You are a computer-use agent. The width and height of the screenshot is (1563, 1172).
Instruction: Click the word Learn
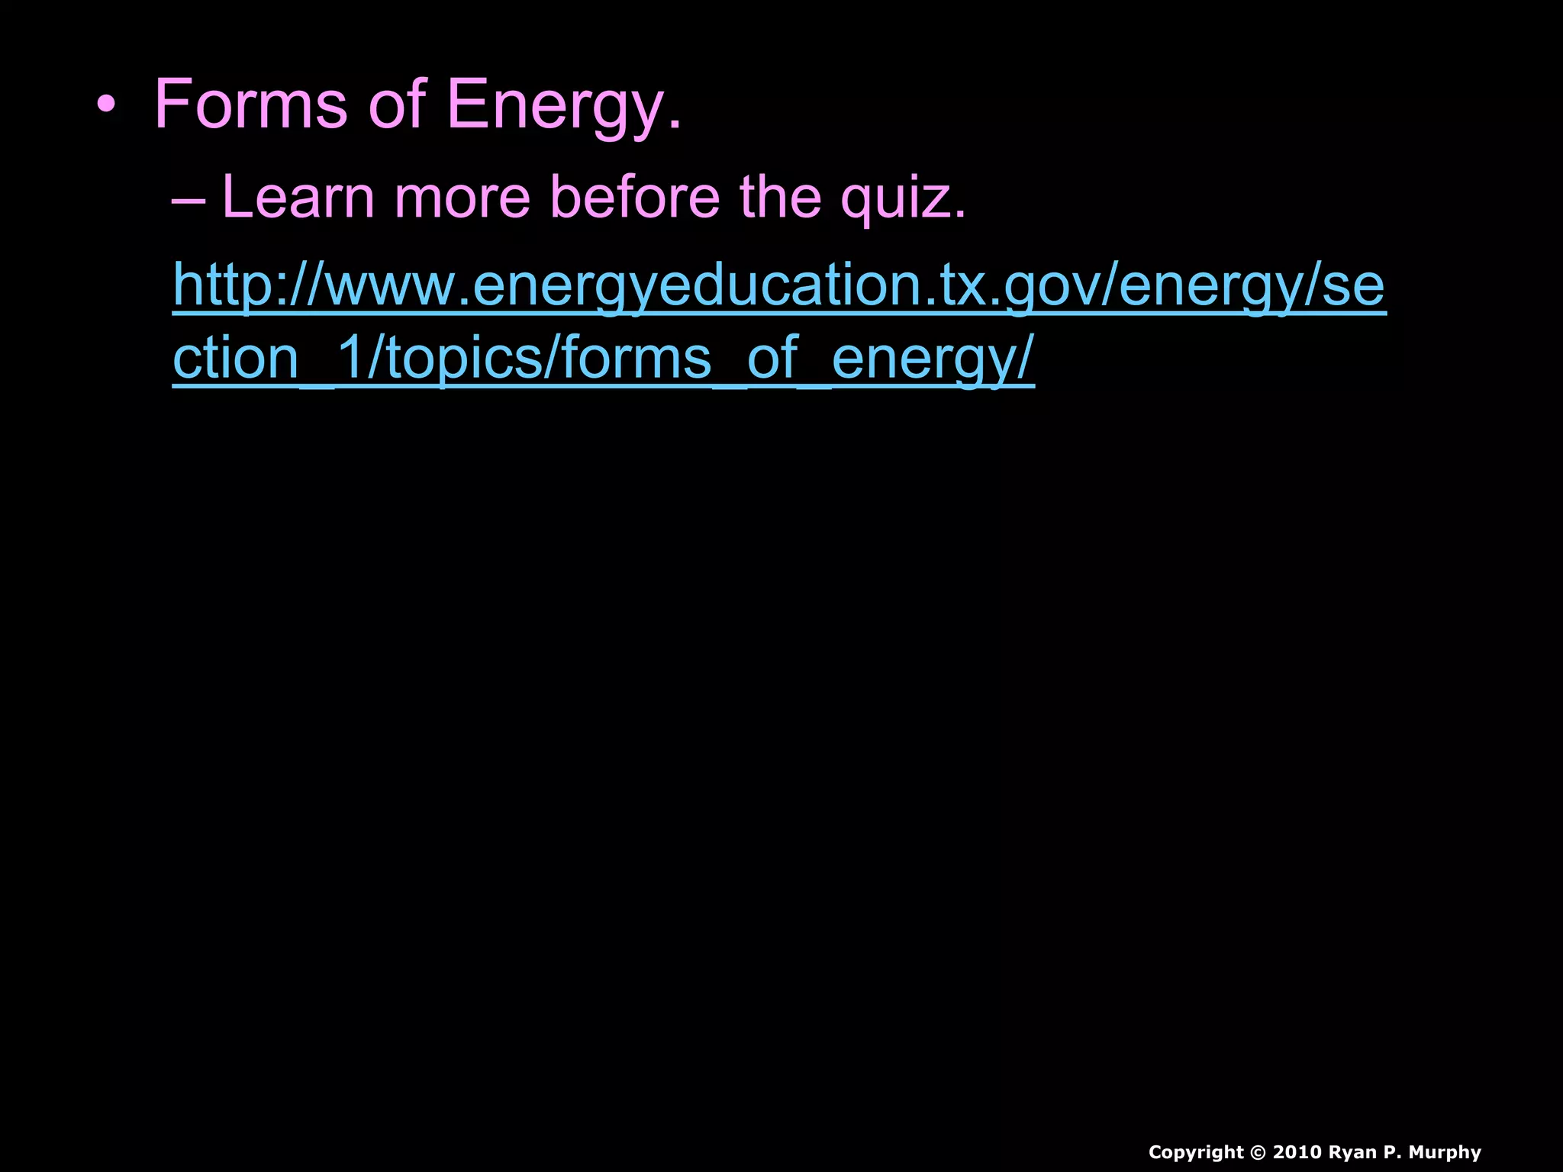tap(298, 197)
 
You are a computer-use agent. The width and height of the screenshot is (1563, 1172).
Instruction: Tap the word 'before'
tap(634, 197)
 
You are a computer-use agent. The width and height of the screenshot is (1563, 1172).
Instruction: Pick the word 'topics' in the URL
tap(465, 359)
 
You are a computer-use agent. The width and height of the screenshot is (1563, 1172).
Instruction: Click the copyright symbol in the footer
tap(1258, 1152)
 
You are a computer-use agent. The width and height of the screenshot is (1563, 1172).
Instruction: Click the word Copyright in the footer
tap(1195, 1152)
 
